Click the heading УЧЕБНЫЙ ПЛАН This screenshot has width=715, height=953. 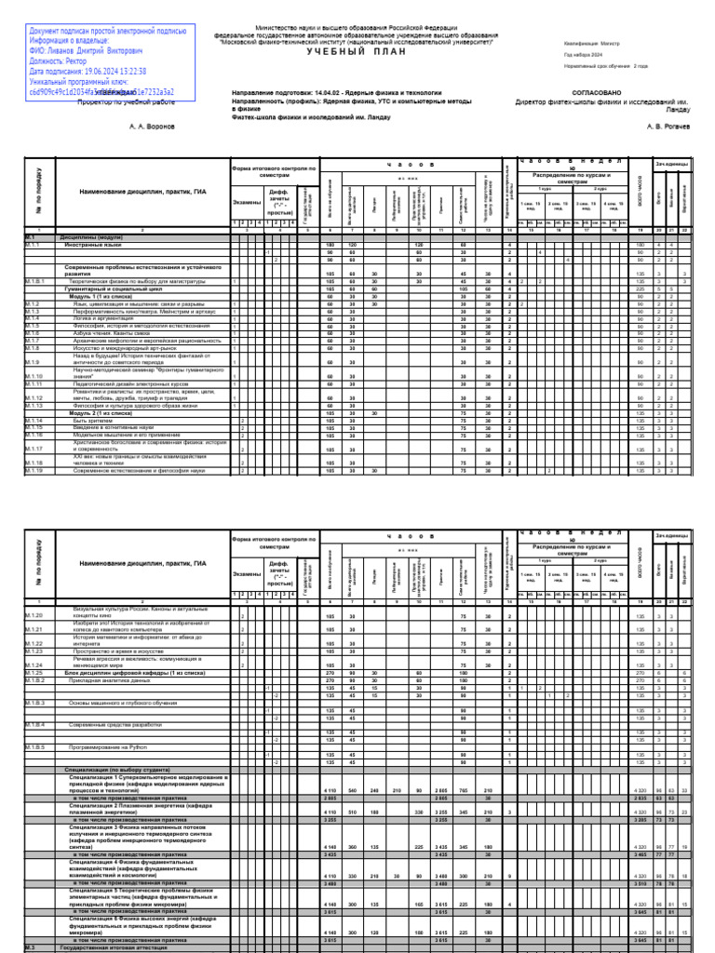coord(358,52)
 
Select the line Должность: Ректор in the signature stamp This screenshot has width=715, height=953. coord(60,61)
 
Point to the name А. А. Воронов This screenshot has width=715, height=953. coord(152,125)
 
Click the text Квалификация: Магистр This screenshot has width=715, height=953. coord(590,42)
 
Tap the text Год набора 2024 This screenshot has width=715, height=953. coord(583,54)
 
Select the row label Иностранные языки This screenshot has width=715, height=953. coord(92,244)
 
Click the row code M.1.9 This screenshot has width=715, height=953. coord(32,362)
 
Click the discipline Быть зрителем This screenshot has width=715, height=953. coord(92,421)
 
